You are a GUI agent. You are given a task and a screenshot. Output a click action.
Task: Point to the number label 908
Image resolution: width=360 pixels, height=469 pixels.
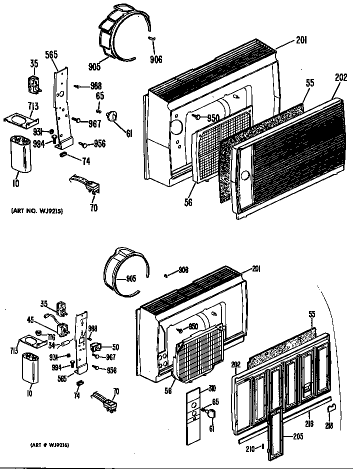point(183,270)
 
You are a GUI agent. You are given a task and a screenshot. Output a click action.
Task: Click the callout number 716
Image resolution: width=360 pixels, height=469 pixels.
point(51,337)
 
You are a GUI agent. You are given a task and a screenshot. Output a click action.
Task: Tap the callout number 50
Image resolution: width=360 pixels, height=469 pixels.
point(116,346)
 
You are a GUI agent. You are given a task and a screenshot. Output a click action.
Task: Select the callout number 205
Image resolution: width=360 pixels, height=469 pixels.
point(298,436)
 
